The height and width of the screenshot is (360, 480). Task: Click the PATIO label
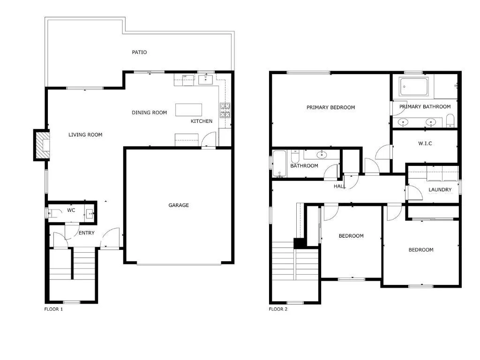pyautogui.click(x=139, y=52)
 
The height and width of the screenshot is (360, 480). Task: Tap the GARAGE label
pyautogui.click(x=179, y=205)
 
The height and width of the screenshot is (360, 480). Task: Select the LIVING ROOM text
pyautogui.click(x=85, y=135)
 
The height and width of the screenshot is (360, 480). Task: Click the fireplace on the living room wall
pyautogui.click(x=42, y=145)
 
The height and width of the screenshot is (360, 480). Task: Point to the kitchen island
pyautogui.click(x=189, y=110)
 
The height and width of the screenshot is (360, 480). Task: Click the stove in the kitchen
pyautogui.click(x=225, y=109)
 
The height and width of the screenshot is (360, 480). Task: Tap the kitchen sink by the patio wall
pyautogui.click(x=206, y=80)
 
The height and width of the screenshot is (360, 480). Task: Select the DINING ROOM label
pyautogui.click(x=149, y=112)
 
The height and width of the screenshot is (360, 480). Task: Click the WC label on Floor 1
pyautogui.click(x=71, y=210)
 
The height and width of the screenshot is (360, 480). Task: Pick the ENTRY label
pyautogui.click(x=87, y=233)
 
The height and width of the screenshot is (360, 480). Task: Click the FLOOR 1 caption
pyautogui.click(x=53, y=309)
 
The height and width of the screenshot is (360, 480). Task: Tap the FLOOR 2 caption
pyautogui.click(x=278, y=309)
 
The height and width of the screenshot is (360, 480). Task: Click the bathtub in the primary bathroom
pyautogui.click(x=413, y=86)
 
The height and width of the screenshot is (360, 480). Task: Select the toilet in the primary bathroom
pyautogui.click(x=450, y=120)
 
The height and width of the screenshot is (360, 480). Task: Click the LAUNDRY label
pyautogui.click(x=440, y=190)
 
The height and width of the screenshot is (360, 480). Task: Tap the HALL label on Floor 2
pyautogui.click(x=339, y=186)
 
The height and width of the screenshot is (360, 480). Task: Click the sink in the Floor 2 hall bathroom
pyautogui.click(x=322, y=154)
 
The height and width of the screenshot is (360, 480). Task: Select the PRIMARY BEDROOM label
pyautogui.click(x=330, y=107)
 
